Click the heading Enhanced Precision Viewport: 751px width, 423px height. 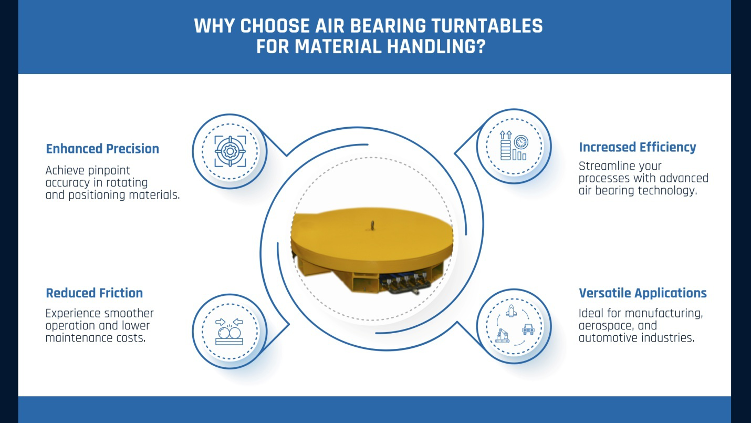coord(102,149)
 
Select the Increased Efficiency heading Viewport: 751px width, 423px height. coord(638,147)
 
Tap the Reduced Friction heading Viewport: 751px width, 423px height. coord(94,293)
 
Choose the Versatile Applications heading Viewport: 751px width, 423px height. coord(643,293)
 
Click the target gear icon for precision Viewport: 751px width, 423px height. coord(230,151)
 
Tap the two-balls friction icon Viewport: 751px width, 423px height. coord(230,332)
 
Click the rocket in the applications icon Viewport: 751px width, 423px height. coord(511,311)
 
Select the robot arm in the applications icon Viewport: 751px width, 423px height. coord(502,336)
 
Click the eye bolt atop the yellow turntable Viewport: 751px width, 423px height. coord(372,225)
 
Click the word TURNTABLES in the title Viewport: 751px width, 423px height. coord(487,26)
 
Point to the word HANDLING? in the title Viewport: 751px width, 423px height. coord(436,46)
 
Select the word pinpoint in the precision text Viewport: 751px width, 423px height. coord(108,171)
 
